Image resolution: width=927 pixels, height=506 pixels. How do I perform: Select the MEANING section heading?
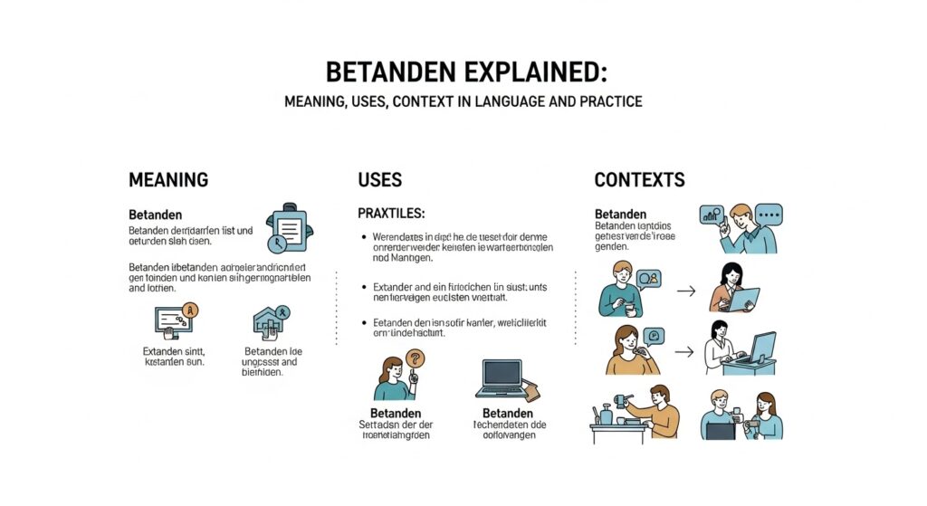[x=168, y=179]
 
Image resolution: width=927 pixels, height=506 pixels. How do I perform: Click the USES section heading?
[x=380, y=179]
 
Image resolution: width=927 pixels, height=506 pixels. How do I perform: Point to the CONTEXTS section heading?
[x=639, y=179]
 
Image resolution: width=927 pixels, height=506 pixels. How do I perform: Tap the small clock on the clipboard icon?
[x=277, y=243]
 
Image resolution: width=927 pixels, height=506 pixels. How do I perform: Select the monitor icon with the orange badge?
[x=176, y=320]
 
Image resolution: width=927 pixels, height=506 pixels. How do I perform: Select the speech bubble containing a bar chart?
[x=712, y=215]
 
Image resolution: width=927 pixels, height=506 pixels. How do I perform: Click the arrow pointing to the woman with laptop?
[x=686, y=291]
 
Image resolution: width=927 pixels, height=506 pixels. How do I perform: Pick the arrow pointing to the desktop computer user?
[x=686, y=349]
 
